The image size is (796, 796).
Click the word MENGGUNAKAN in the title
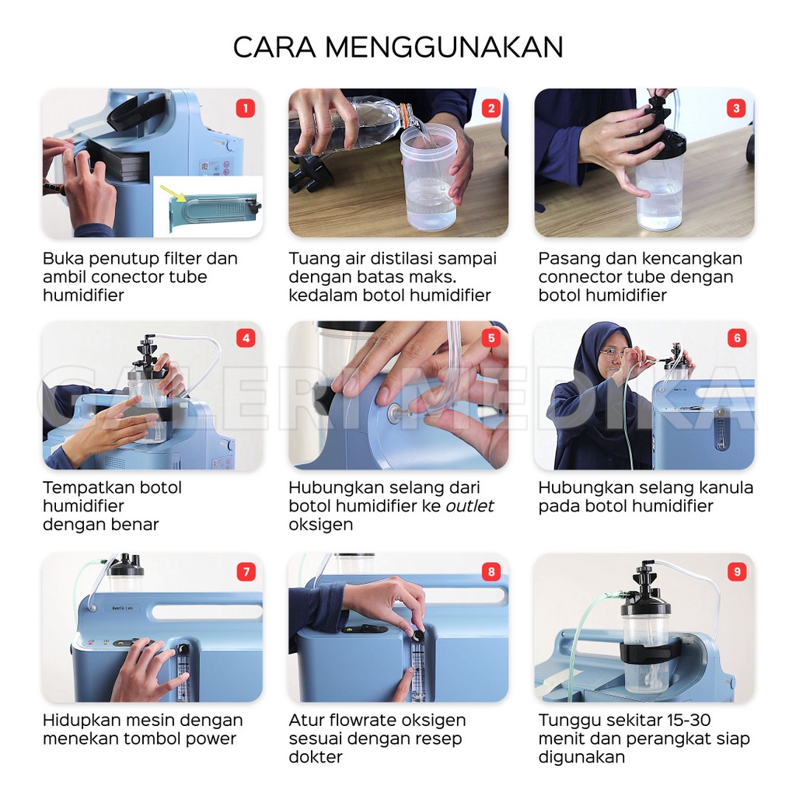point(444,47)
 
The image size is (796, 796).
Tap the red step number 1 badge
point(246,108)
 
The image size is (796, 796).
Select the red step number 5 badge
point(491,338)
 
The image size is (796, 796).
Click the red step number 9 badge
point(737,571)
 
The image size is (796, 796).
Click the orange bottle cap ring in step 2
point(404,110)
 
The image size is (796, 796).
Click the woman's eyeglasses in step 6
point(611,354)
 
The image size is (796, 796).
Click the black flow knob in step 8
point(417,637)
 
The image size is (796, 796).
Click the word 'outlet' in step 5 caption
point(470,505)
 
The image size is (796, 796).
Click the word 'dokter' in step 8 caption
point(316,757)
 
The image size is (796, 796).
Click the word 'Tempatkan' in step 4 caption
point(81,488)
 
